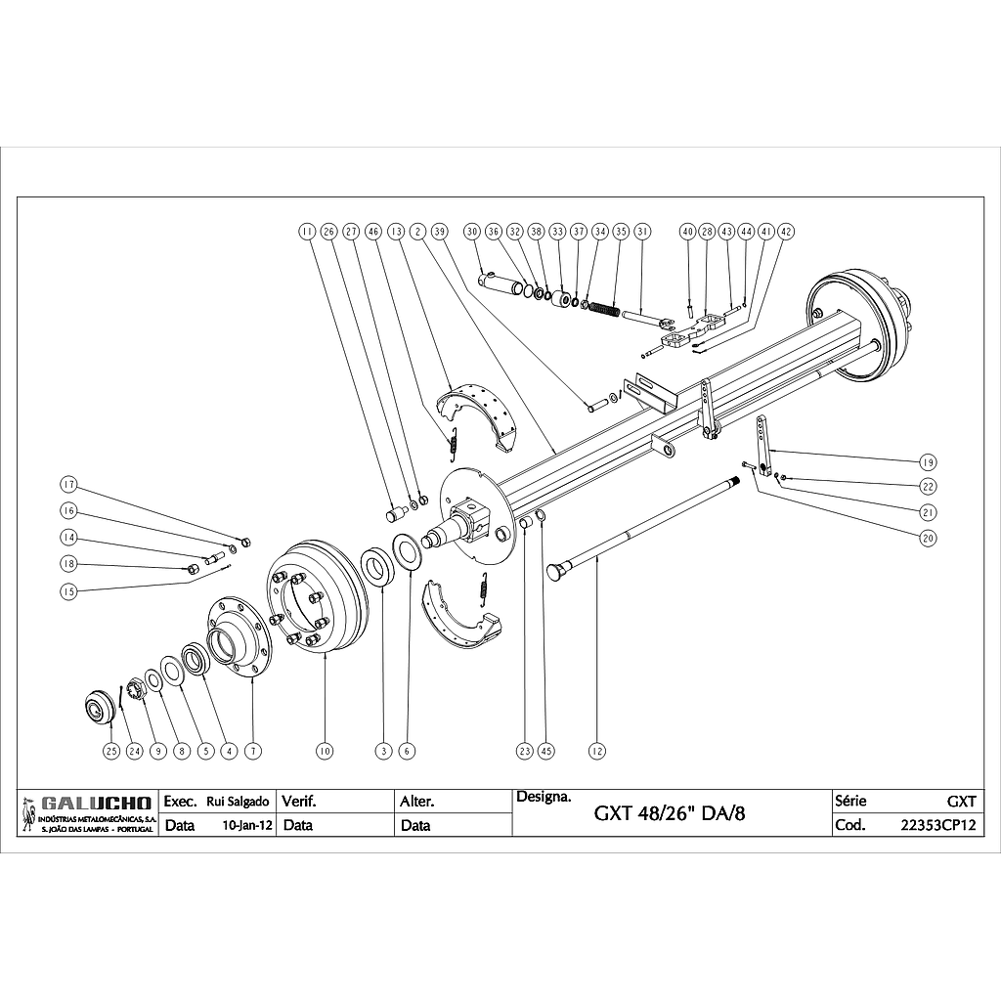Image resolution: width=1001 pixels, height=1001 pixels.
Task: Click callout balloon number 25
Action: click(x=110, y=751)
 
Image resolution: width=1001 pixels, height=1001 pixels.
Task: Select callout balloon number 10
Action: click(x=325, y=751)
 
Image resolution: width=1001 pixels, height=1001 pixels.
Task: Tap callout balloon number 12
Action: click(x=597, y=751)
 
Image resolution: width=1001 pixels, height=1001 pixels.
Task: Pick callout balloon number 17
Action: click(x=68, y=484)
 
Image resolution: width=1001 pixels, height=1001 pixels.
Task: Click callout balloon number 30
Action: click(x=472, y=232)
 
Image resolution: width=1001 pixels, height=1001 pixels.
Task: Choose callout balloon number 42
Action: click(x=787, y=232)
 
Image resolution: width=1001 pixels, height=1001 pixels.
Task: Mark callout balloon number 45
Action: click(x=546, y=751)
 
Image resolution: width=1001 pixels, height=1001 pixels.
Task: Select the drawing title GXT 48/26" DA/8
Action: click(x=671, y=813)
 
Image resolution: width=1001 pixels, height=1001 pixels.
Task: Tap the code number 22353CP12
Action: click(x=937, y=825)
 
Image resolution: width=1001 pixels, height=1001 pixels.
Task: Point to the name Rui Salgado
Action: click(x=238, y=802)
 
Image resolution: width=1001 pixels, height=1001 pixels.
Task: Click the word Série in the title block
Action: click(x=850, y=801)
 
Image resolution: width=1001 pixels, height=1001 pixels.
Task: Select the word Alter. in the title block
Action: click(x=417, y=802)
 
